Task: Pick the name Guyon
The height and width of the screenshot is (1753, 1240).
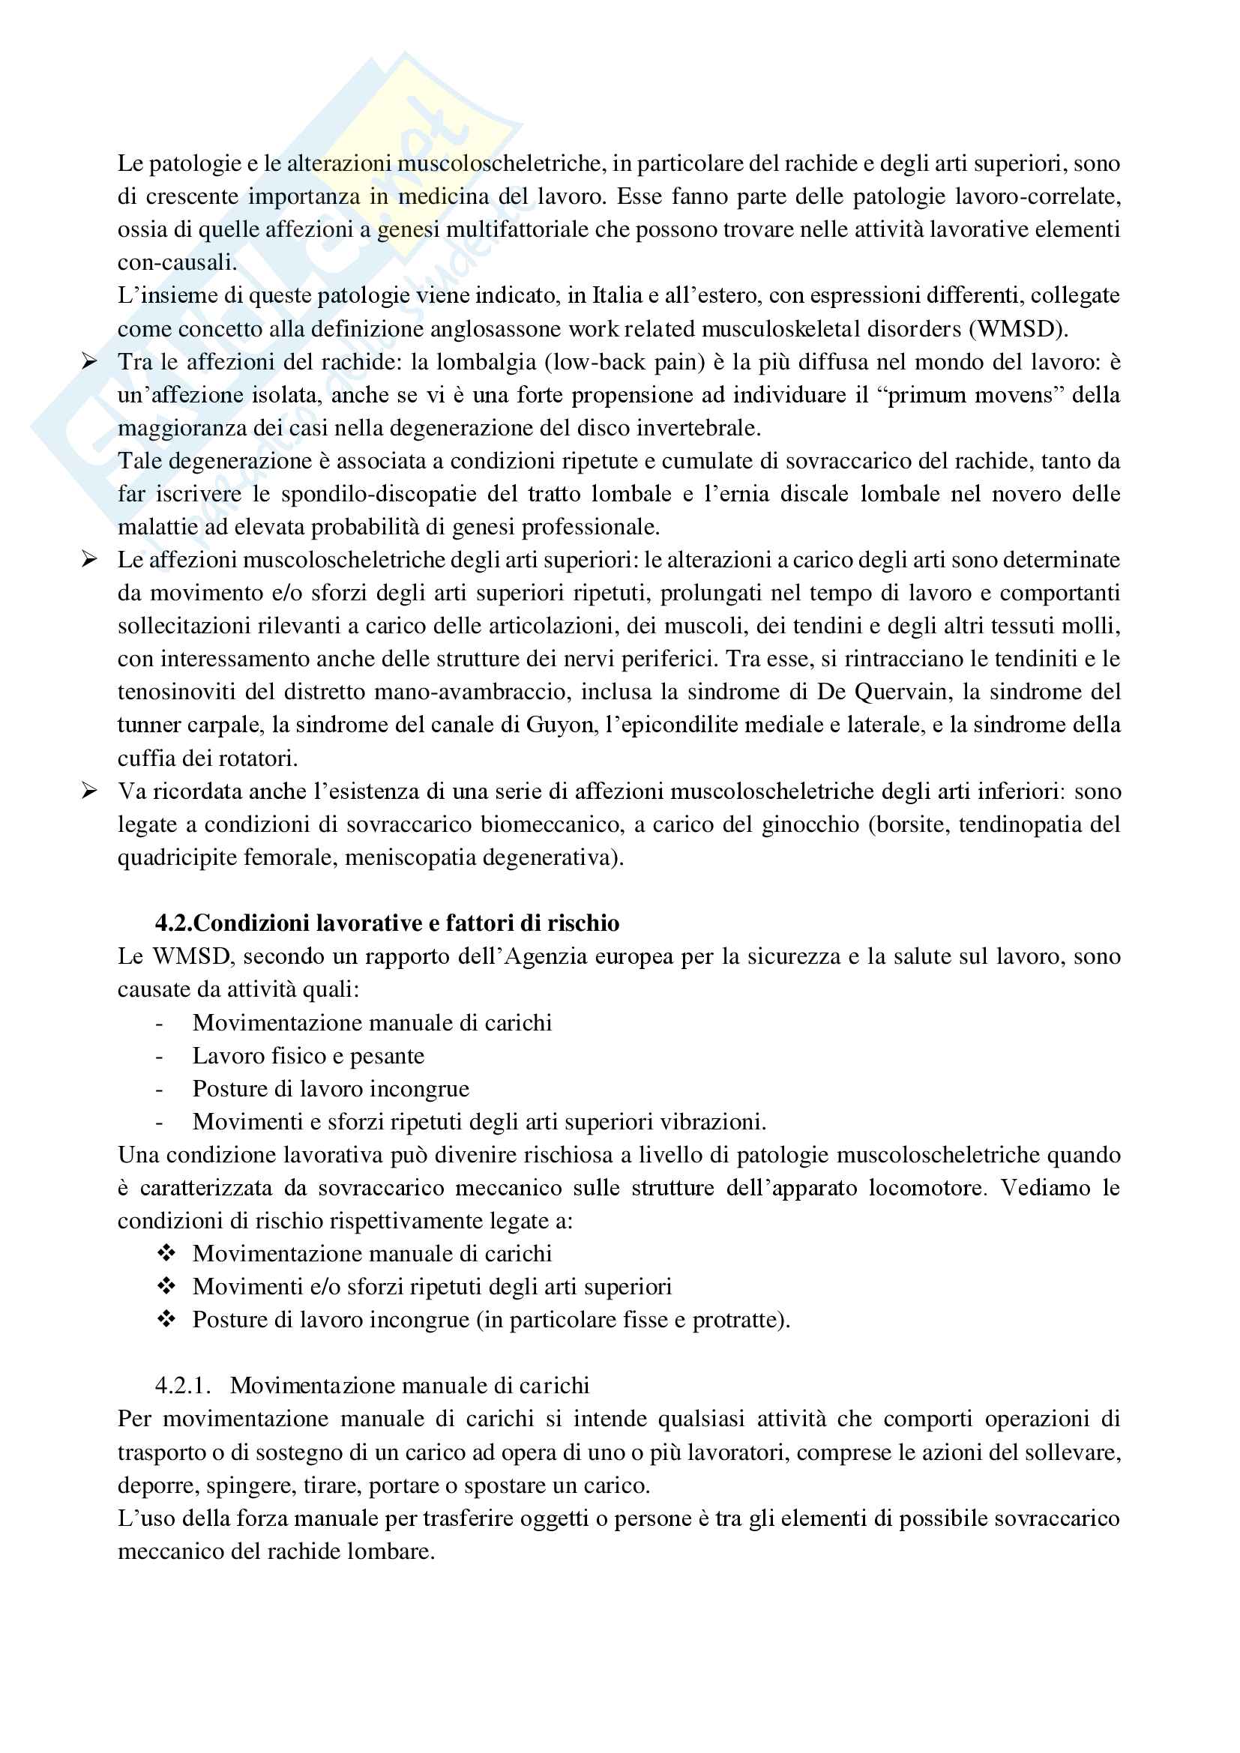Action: [562, 725]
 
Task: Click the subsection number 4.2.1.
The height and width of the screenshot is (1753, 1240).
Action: [182, 1386]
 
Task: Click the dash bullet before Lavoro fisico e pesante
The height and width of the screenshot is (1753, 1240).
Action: [159, 1057]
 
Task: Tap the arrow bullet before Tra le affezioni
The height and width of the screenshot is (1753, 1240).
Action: [89, 362]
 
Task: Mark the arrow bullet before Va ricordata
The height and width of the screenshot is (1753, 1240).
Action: [89, 791]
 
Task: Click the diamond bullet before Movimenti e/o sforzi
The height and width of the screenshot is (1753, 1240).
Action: [166, 1287]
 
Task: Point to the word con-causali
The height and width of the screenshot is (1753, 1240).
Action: [177, 262]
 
